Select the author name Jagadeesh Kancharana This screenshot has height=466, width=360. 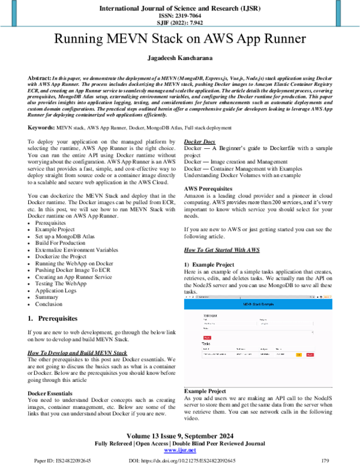[179, 59]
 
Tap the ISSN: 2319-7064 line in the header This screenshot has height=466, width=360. [179, 16]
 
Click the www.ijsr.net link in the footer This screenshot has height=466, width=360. [179, 450]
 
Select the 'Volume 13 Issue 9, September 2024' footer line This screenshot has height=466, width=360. [179, 435]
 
